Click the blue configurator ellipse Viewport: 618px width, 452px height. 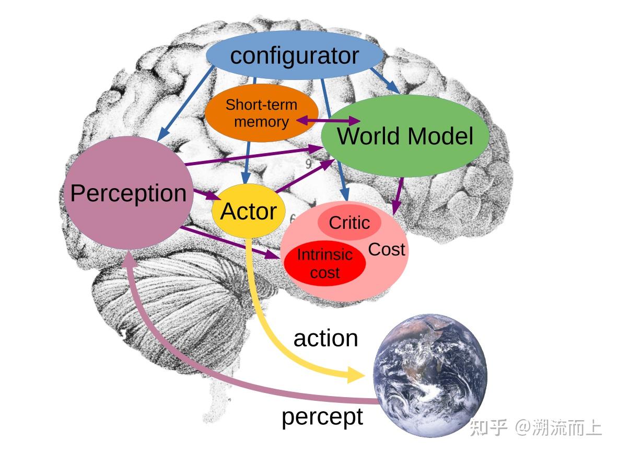(295, 56)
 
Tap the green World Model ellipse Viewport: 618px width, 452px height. (405, 136)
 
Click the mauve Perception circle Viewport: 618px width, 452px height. (128, 193)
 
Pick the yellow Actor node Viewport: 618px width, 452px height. (248, 211)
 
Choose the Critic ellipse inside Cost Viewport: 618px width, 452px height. (349, 223)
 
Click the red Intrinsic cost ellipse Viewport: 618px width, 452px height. (324, 263)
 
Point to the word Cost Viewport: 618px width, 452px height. (387, 250)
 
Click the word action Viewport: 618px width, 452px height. (325, 339)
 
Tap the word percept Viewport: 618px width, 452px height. (322, 417)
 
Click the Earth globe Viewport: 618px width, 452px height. (430, 375)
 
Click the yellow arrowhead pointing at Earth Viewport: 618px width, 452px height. (355, 374)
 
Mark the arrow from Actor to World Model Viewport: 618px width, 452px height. (306, 176)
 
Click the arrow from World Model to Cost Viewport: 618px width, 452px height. (399, 196)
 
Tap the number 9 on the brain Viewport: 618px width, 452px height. (309, 164)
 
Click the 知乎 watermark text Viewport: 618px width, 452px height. (489, 427)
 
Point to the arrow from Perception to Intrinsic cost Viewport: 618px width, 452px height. (230, 243)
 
